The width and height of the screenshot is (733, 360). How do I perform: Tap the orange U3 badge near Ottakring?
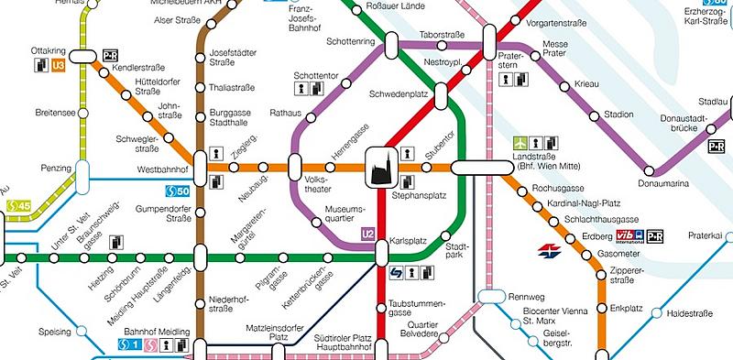click(59, 65)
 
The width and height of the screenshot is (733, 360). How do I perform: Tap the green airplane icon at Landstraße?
click(520, 143)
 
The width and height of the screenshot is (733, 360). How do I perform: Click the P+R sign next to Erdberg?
click(654, 235)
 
